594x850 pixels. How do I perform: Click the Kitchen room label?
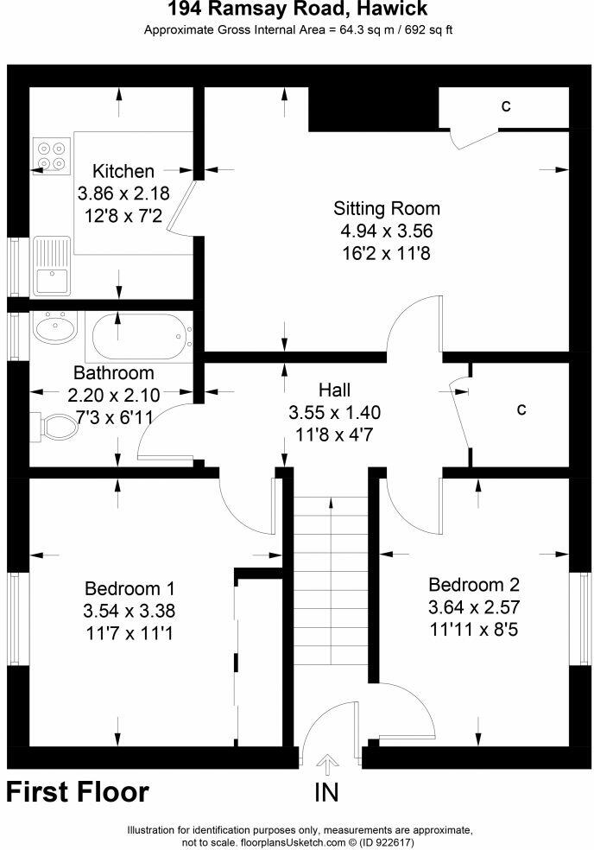pos(123,171)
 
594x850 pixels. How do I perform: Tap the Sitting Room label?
pos(387,208)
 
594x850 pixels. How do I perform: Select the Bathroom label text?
pos(113,373)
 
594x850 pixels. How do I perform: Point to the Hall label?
pos(334,390)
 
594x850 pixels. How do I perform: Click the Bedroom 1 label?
pos(130,588)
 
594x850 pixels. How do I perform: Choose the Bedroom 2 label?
pos(474,583)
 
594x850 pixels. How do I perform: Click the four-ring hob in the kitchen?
pos(50,154)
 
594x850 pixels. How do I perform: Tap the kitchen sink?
pos(51,279)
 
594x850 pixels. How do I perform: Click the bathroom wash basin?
pos(56,328)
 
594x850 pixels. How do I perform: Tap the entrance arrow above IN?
pos(327,763)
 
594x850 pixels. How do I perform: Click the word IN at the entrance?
pos(327,791)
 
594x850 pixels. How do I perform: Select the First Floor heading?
pos(78,791)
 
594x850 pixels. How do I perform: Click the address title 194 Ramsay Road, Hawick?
pos(297,10)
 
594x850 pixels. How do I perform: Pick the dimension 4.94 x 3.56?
pos(387,231)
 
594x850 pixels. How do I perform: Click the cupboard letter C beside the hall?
pos(521,409)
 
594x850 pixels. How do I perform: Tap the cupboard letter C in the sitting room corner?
pos(506,106)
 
